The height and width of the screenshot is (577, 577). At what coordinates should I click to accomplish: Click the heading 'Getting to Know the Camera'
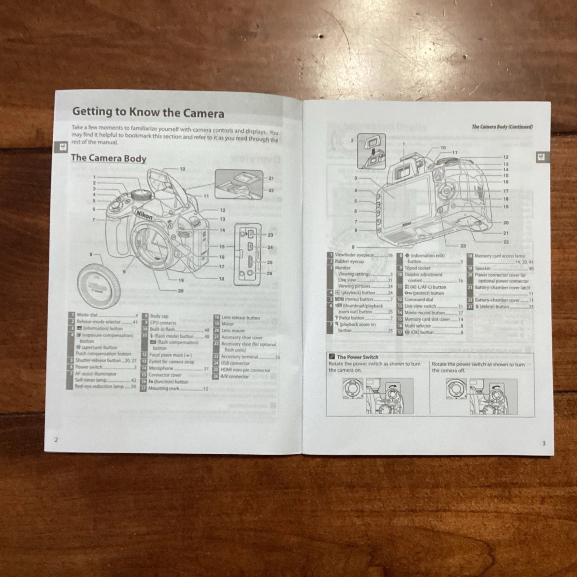[148, 112]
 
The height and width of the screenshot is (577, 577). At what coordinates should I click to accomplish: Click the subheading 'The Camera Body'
[109, 158]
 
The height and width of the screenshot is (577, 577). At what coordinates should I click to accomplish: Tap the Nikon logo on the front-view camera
[144, 215]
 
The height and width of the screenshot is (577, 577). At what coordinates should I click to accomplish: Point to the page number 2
[56, 440]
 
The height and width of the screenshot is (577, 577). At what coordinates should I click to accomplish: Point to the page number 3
[544, 443]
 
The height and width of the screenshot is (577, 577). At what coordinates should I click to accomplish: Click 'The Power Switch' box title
[357, 357]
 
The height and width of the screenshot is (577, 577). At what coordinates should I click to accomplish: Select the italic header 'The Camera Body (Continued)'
[502, 127]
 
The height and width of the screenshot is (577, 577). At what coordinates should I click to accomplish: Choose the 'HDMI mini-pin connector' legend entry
[245, 370]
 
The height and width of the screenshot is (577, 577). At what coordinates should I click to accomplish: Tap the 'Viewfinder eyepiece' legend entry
[354, 255]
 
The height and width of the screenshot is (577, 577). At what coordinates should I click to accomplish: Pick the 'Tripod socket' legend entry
[417, 268]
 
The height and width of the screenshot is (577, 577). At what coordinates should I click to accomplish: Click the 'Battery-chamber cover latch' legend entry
[502, 287]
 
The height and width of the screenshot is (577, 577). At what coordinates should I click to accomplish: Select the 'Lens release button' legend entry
[241, 318]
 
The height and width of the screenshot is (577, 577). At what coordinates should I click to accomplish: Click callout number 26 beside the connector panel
[269, 273]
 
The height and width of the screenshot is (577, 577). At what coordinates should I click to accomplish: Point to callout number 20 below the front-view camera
[180, 291]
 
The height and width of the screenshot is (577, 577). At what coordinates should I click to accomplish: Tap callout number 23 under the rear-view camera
[463, 246]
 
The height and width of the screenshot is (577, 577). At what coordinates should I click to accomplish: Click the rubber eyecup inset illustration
[371, 150]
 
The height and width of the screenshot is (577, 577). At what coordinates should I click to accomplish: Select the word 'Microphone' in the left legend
[161, 368]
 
